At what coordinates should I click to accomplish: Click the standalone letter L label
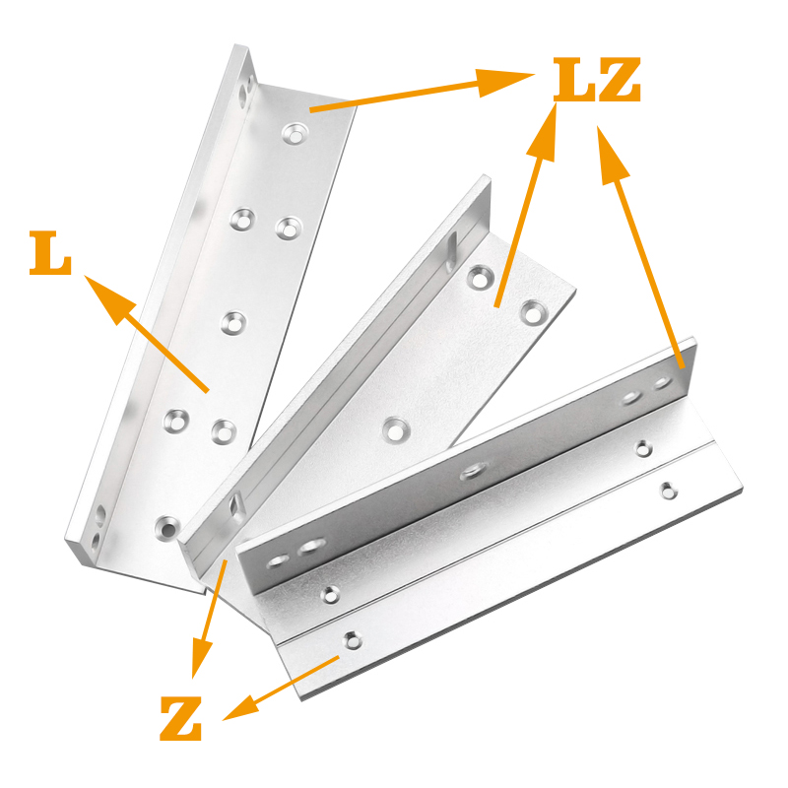50,252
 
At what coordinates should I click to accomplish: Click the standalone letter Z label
181,718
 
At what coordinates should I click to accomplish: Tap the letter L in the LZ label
574,80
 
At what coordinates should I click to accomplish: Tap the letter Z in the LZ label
620,80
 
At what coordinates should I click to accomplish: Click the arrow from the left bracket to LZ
423,91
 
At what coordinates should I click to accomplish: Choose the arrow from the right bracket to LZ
640,247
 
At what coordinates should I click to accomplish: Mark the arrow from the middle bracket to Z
210,619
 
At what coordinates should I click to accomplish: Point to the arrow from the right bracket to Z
281,689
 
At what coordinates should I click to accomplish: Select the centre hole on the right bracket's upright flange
472,472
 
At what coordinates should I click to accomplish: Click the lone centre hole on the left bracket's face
233,323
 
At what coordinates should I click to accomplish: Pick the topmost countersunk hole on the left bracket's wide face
295,133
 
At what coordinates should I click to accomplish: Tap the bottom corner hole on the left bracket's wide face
167,527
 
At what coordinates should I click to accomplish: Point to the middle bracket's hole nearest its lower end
396,430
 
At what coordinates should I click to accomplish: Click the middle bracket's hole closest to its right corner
534,312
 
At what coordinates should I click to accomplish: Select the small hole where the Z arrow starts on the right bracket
351,640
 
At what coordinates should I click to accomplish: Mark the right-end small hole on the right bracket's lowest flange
668,491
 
